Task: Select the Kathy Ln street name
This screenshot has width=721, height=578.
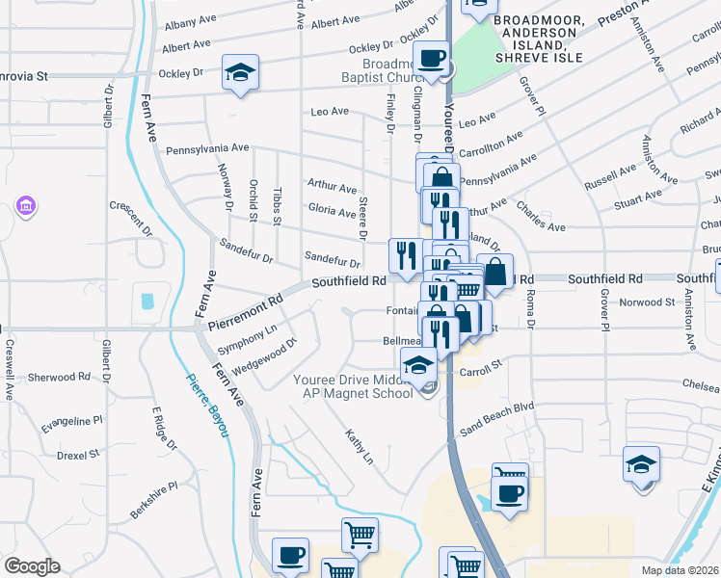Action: coord(359,445)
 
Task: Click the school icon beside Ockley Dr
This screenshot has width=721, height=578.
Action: coord(239,73)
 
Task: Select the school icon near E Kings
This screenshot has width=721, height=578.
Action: coord(641,463)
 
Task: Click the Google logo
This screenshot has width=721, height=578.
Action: coord(32,566)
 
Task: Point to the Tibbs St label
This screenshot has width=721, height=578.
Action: coord(276,205)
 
